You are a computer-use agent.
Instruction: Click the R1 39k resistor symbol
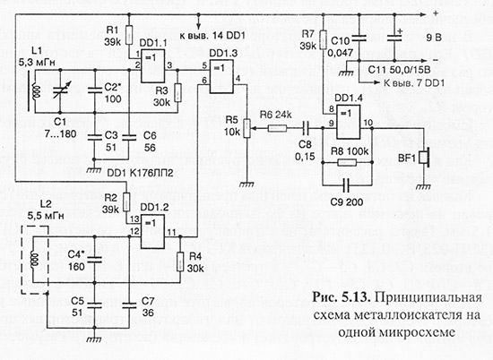tap(127, 43)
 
